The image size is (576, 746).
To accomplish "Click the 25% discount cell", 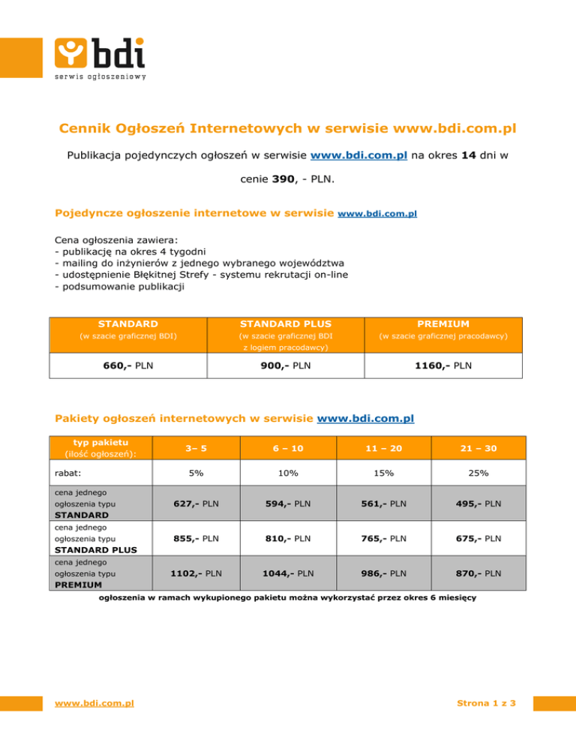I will (x=478, y=474).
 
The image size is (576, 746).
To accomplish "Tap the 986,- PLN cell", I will (x=383, y=573).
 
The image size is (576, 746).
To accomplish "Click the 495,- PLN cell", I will (x=478, y=503).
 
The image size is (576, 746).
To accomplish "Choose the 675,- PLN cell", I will (x=478, y=538).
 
